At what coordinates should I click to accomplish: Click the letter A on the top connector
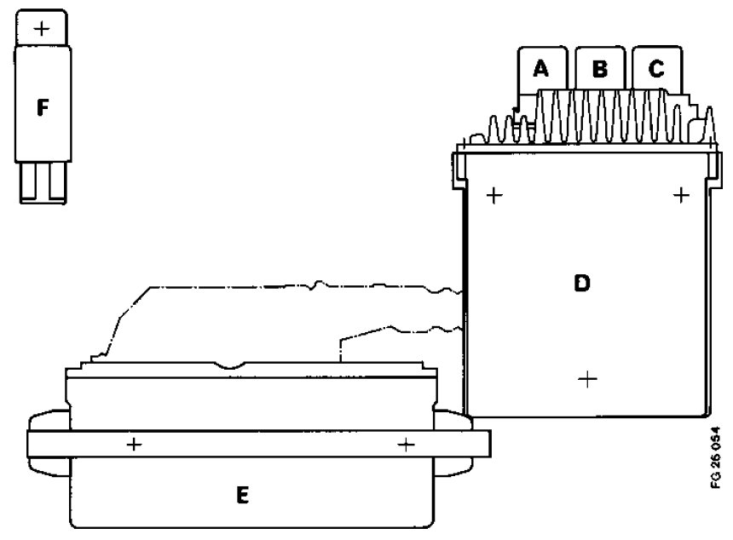(x=540, y=70)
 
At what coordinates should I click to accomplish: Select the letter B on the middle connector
(x=599, y=70)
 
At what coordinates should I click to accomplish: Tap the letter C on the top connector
(x=655, y=70)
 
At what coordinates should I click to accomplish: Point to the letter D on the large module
(x=582, y=284)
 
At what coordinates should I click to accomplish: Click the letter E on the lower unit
(x=243, y=495)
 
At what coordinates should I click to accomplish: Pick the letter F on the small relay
(x=43, y=108)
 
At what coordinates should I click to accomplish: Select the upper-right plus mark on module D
(x=680, y=196)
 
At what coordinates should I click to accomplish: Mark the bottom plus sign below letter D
(x=586, y=379)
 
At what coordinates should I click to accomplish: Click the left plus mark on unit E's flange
(x=134, y=444)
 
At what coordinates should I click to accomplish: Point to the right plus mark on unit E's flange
(x=407, y=444)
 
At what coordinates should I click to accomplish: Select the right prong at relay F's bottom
(x=55, y=182)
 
